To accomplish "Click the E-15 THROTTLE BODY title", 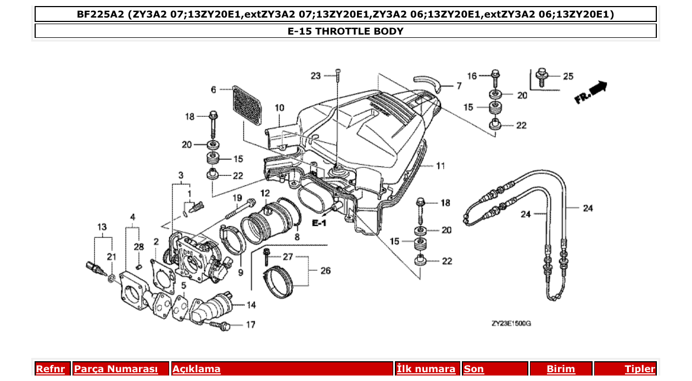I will coord(345,31).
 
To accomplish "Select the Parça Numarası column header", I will coord(116,369).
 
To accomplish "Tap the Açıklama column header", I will coord(197,369).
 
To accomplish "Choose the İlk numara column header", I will coord(426,369).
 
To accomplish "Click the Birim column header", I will coord(560,369).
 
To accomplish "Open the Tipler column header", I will coord(639,369).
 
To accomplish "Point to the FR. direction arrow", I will coord(591,92).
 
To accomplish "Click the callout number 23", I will coord(315,76).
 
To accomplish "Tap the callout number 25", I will coord(568,76).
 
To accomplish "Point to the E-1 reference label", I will coord(319,223).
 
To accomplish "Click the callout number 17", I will coord(250,325).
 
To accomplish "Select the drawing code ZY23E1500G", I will coord(511,324).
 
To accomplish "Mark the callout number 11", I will coord(441,166).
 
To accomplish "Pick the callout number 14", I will coord(251,305).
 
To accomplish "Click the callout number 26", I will coord(326,271).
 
